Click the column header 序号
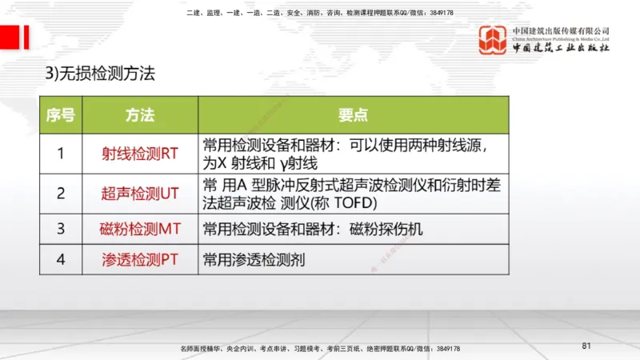pyautogui.click(x=61, y=115)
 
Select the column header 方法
pyautogui.click(x=140, y=115)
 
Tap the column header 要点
pyautogui.click(x=353, y=115)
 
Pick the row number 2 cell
pyautogui.click(x=61, y=193)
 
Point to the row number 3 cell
pyautogui.click(x=61, y=229)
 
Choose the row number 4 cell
pyautogui.click(x=61, y=259)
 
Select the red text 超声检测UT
pyautogui.click(x=140, y=193)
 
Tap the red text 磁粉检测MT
pyautogui.click(x=140, y=229)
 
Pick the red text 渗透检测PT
pyautogui.click(x=140, y=259)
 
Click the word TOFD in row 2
pyautogui.click(x=346, y=201)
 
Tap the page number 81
pyautogui.click(x=586, y=346)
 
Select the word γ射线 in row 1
pyautogui.click(x=298, y=163)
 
